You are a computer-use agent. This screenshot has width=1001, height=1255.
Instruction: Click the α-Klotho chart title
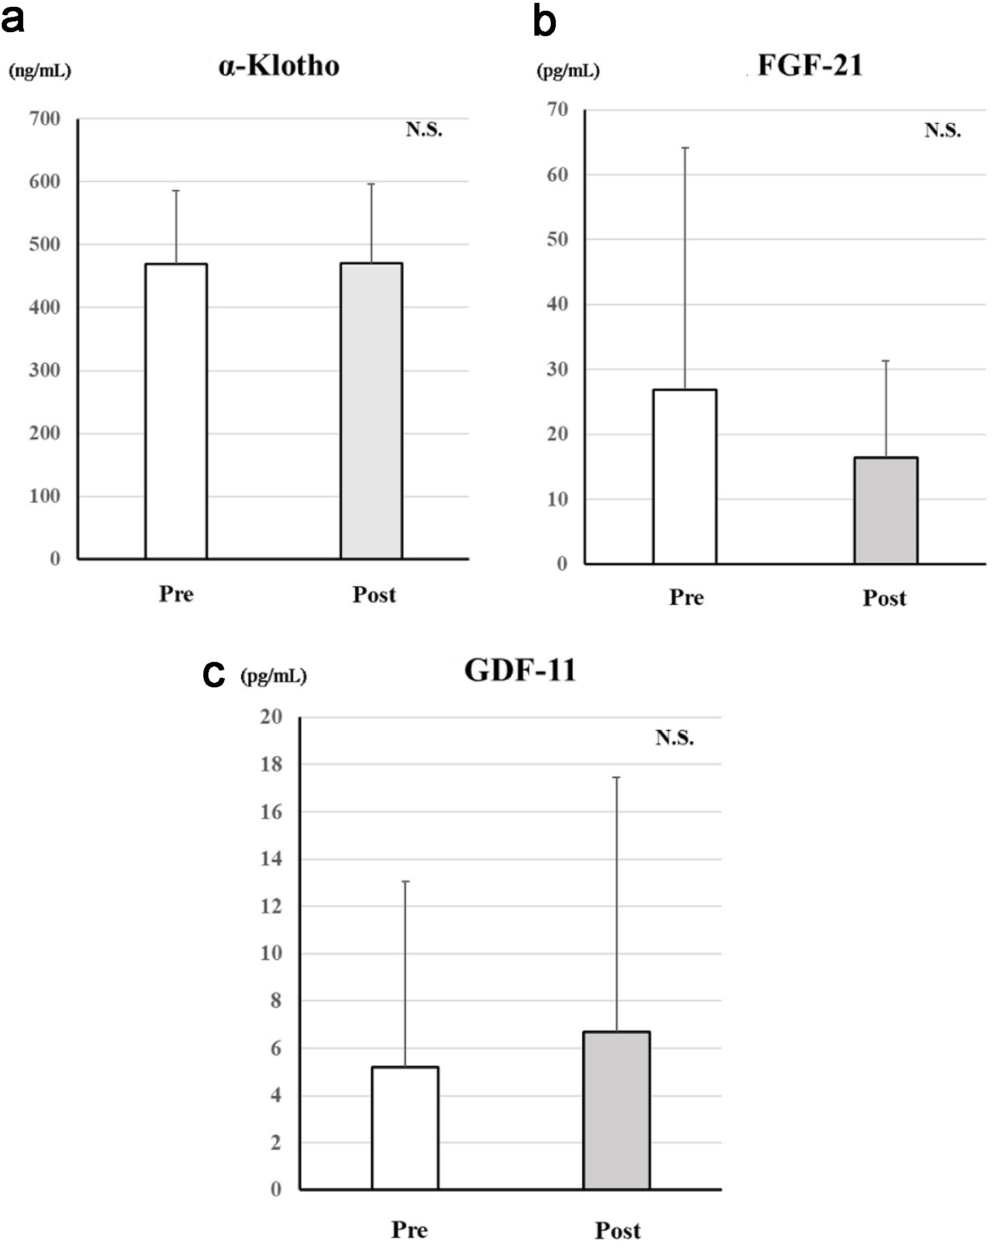click(x=279, y=66)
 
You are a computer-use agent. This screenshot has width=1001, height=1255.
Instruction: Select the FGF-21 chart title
click(x=809, y=64)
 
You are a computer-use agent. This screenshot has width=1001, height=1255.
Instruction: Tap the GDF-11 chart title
click(x=520, y=670)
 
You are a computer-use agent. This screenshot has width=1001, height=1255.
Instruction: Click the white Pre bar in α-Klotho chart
click(x=176, y=411)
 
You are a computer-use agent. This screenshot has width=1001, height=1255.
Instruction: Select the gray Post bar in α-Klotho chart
click(x=371, y=411)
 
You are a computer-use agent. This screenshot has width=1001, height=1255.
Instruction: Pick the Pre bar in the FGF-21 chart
click(x=684, y=476)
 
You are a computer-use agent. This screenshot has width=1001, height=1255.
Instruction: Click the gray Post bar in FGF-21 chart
click(x=885, y=510)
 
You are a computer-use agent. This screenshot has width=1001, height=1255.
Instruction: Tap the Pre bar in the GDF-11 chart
click(x=404, y=1127)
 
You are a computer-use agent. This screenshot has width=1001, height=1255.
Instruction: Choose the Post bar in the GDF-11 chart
click(x=616, y=1110)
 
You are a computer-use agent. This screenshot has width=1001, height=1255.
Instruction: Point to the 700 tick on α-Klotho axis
click(x=45, y=119)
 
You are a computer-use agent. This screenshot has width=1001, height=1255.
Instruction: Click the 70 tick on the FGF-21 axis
click(x=558, y=110)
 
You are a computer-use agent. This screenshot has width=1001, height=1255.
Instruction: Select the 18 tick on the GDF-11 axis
click(x=271, y=764)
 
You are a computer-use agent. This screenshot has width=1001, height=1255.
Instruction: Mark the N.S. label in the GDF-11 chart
click(x=674, y=738)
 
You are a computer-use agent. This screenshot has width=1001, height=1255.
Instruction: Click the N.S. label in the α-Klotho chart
click(x=424, y=129)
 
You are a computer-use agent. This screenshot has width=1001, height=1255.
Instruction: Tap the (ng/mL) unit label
click(x=40, y=71)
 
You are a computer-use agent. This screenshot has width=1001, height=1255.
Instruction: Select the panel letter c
click(x=214, y=674)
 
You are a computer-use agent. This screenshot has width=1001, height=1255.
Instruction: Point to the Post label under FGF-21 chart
click(x=884, y=598)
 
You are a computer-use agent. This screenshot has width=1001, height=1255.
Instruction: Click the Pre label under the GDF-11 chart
click(x=410, y=1230)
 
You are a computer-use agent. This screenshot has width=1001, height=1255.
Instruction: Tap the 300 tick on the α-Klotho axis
click(x=45, y=370)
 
